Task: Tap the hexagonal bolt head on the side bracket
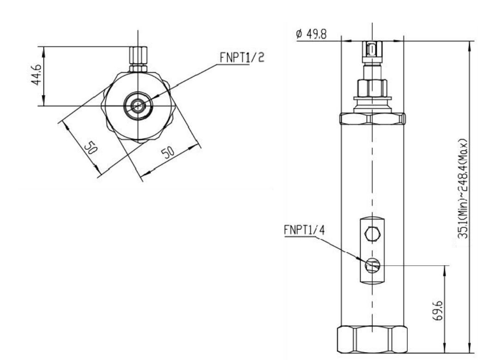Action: [x=372, y=234]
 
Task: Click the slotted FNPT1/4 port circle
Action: [x=372, y=266]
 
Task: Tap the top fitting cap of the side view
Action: [x=372, y=49]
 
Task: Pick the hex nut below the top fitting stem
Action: [x=372, y=88]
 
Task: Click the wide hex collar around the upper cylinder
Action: [x=372, y=119]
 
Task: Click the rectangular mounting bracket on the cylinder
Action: [x=372, y=250]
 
